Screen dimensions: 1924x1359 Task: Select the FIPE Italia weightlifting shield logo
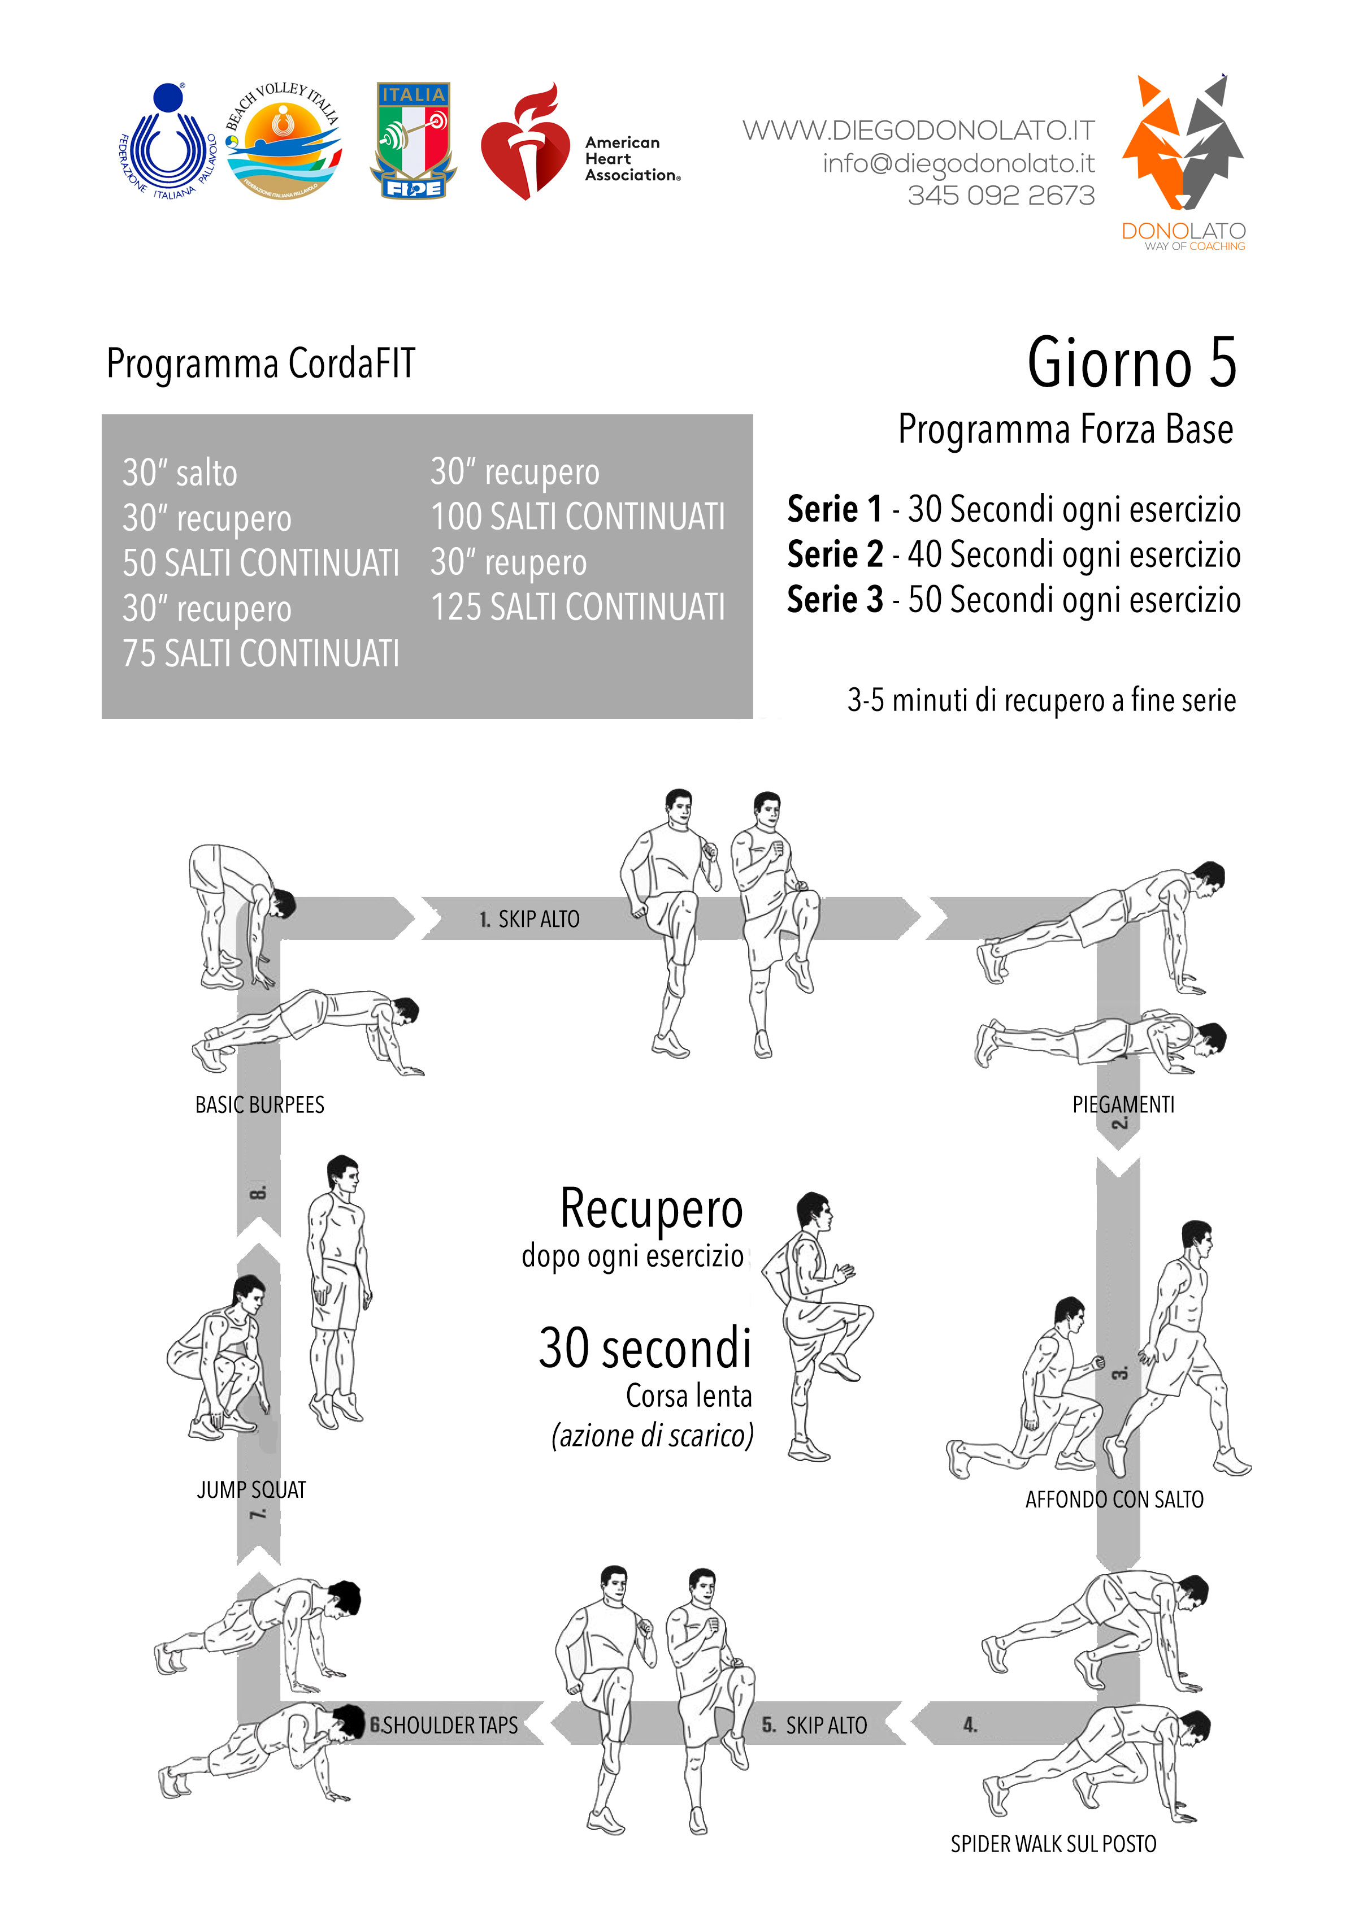[413, 141]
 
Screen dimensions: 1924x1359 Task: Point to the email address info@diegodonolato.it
[958, 163]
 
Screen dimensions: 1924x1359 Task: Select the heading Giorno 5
[1131, 363]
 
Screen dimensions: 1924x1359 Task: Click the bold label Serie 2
[835, 554]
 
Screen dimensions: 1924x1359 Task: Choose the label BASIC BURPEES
[260, 1106]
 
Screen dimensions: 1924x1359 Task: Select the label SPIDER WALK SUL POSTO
[1053, 1844]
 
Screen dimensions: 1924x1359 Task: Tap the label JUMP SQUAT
[251, 1489]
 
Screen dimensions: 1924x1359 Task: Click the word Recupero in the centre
[651, 1209]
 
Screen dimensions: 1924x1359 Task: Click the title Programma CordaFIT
[260, 363]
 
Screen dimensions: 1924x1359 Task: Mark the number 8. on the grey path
[259, 1191]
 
